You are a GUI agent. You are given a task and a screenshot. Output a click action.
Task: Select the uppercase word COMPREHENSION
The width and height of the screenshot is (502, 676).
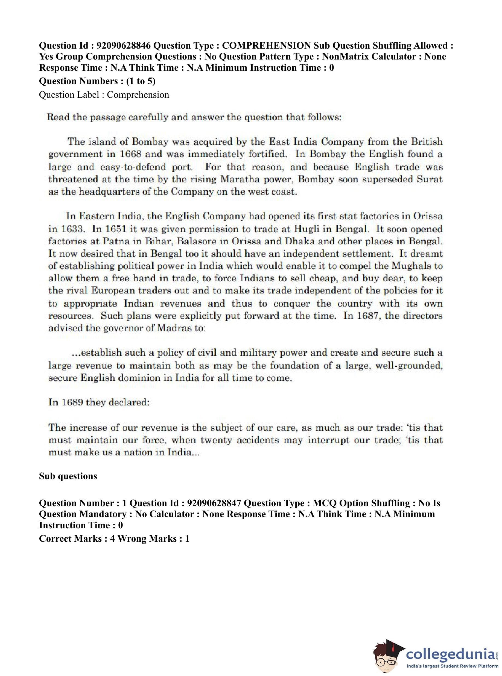(x=266, y=46)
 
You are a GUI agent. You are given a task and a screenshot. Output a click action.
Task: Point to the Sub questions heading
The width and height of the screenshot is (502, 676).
(x=68, y=476)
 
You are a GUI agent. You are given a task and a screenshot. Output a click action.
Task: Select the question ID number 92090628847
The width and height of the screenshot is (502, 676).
(x=214, y=503)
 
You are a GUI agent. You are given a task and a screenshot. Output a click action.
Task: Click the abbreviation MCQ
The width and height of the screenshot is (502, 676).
(x=325, y=503)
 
